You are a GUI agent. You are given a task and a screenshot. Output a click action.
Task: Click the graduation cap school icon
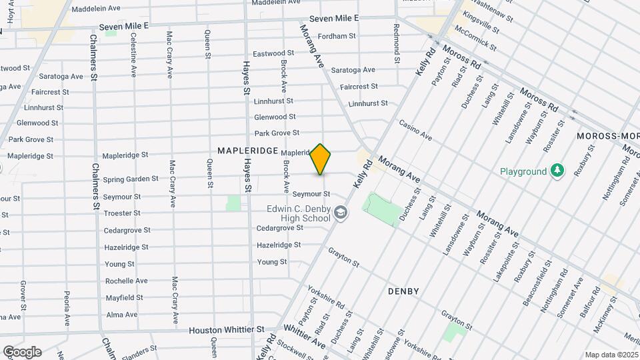[341, 213]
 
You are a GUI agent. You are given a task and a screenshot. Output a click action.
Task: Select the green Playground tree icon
[557, 171]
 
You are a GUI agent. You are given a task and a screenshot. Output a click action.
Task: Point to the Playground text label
[523, 171]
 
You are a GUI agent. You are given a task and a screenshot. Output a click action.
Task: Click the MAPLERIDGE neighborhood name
[248, 151]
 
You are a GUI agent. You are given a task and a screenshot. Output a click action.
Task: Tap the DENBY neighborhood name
[403, 291]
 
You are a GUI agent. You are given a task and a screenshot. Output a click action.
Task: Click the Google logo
[22, 351]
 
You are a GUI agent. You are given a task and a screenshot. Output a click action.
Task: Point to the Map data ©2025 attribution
[611, 355]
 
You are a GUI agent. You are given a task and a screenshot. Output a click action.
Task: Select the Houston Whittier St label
[227, 330]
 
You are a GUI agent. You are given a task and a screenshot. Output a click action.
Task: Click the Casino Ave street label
[415, 130]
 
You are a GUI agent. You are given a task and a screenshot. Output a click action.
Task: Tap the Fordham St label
[337, 36]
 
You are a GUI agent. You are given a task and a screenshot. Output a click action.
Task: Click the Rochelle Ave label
[120, 281]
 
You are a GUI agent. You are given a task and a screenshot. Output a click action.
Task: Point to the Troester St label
[122, 213]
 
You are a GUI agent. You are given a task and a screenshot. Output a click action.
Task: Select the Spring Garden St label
[131, 179]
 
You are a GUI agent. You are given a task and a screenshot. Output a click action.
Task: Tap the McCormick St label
[475, 39]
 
